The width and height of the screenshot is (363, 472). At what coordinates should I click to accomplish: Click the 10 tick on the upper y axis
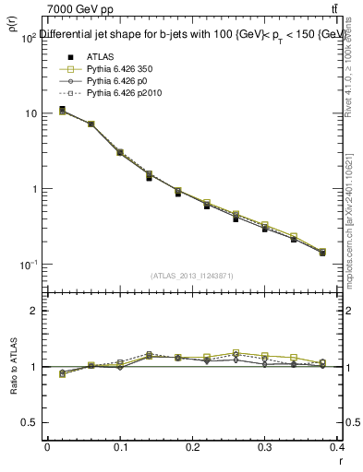coord(30,113)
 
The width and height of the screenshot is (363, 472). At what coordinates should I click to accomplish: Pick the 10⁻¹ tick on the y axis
coord(28,265)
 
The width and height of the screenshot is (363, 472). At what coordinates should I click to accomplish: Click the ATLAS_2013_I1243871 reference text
coord(191,276)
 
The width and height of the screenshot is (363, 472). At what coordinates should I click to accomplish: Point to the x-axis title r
coord(340,460)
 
